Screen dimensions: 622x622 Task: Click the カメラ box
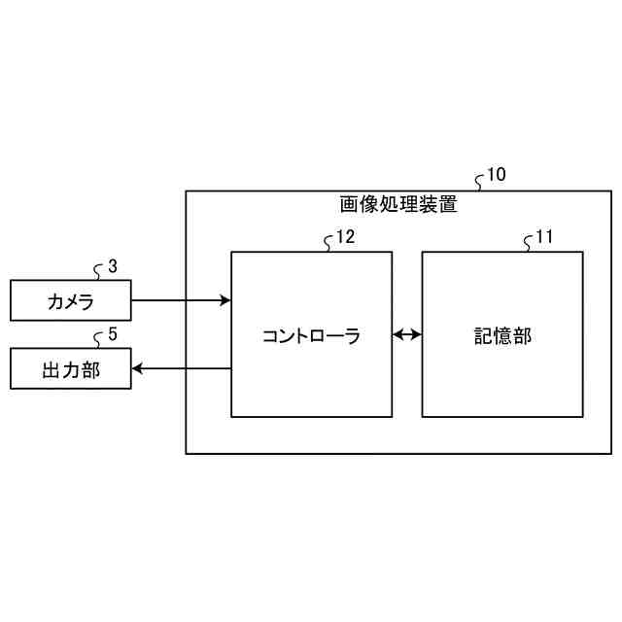70,300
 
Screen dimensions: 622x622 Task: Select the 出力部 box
70,369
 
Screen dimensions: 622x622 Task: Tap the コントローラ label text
311,336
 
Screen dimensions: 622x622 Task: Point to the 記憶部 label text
502,336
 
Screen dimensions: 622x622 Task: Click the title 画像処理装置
398,205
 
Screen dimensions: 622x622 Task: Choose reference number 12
345,236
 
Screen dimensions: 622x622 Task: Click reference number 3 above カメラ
113,265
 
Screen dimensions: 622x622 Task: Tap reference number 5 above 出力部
113,335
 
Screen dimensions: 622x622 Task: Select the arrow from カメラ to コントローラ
180,300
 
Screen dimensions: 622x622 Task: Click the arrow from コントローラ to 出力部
181,368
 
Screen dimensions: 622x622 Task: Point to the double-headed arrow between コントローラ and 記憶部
407,335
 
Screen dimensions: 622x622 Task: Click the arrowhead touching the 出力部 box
137,368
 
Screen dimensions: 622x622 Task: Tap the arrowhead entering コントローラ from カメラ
225,300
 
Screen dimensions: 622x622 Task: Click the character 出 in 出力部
52,370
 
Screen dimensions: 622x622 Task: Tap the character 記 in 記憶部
484,336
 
